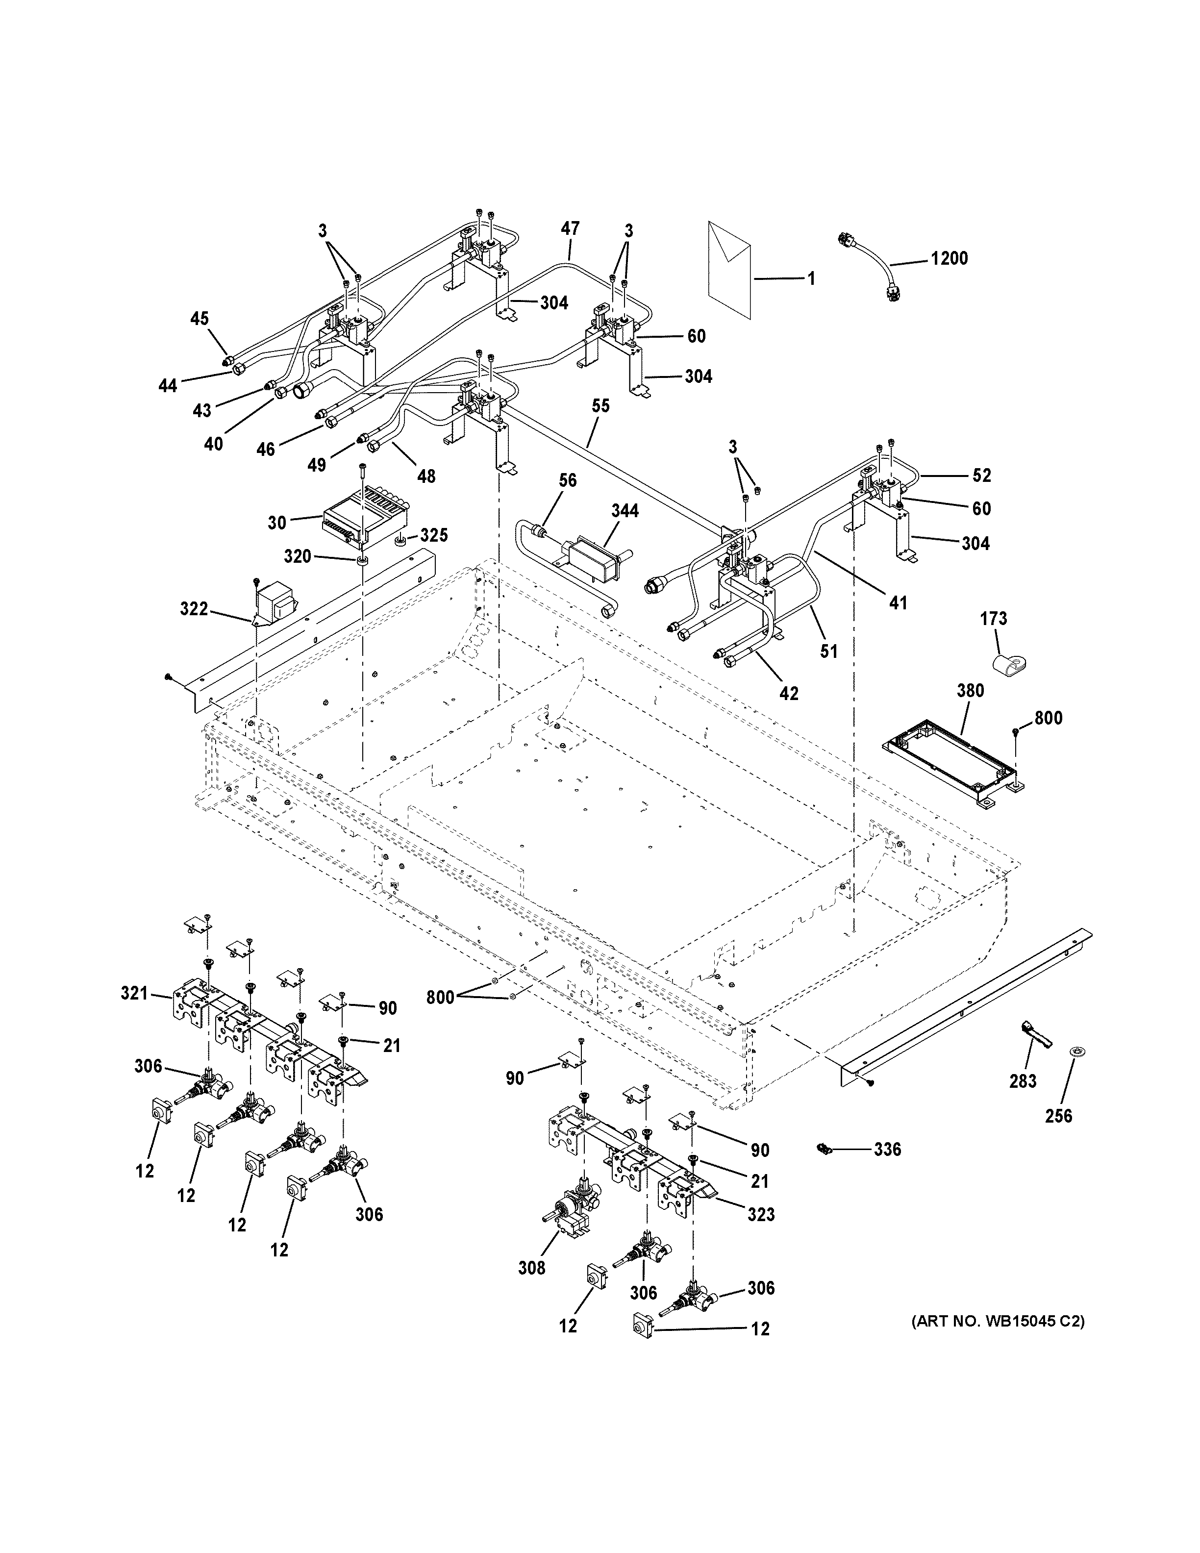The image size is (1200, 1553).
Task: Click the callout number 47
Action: point(570,228)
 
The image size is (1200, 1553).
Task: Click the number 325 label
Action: point(434,535)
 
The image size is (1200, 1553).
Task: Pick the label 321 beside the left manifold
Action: point(134,993)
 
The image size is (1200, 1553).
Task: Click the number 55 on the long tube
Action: point(600,406)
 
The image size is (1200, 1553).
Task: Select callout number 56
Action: point(567,481)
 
